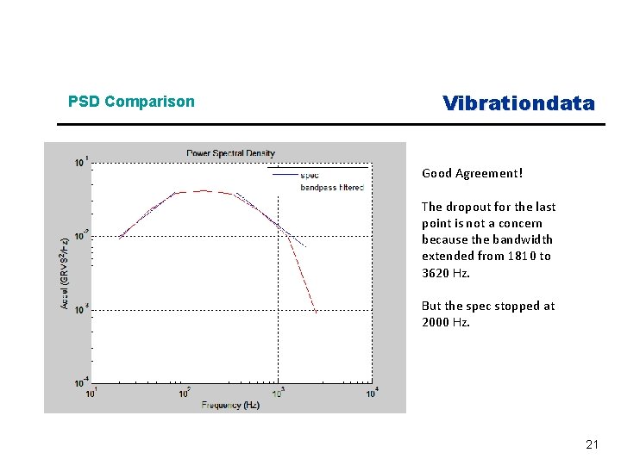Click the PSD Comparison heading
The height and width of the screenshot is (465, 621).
point(131,102)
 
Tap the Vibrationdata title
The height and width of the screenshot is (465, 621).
point(518,103)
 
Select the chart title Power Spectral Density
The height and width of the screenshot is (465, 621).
point(230,153)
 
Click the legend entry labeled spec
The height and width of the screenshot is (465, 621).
point(310,175)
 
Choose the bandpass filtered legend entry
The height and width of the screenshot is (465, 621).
point(331,187)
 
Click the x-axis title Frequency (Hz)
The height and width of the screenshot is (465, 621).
point(230,404)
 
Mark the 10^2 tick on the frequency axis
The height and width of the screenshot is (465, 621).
point(184,394)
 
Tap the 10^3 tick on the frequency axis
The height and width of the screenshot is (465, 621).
point(278,394)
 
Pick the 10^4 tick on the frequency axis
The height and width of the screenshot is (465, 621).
point(371,394)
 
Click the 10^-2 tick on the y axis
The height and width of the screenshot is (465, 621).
point(79,235)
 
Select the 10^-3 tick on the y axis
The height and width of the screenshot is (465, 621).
point(79,308)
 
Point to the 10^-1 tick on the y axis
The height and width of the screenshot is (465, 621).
point(79,162)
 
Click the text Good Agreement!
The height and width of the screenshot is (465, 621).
point(472,173)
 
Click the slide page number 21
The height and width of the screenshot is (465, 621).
point(592,445)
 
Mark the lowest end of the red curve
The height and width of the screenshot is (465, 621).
point(317,313)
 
